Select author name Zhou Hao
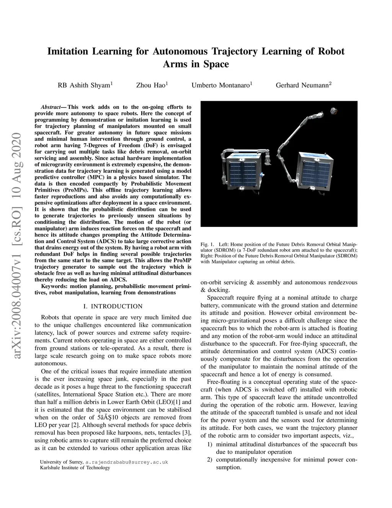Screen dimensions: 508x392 (x=150, y=85)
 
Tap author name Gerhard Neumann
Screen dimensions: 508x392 (x=302, y=85)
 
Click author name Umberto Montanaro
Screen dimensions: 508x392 (x=220, y=85)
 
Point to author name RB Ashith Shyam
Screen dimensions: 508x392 (x=83, y=85)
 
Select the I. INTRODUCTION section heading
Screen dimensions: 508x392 (x=113, y=306)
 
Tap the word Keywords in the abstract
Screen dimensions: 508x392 (x=53, y=286)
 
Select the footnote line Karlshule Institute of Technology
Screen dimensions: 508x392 (x=75, y=468)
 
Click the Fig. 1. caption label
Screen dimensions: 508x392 (x=207, y=244)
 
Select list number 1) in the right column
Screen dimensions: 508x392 (x=210, y=444)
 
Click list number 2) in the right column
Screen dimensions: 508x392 (x=210, y=460)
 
